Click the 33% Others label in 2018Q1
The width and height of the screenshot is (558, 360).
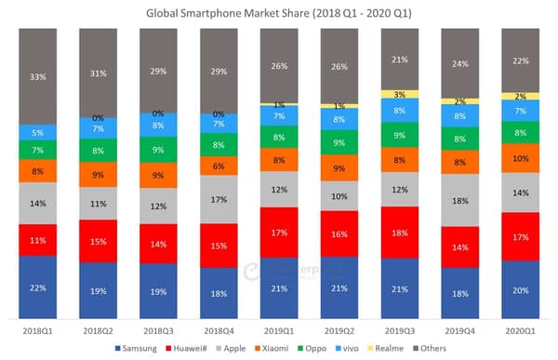37,76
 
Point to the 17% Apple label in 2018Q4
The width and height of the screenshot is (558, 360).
218,199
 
